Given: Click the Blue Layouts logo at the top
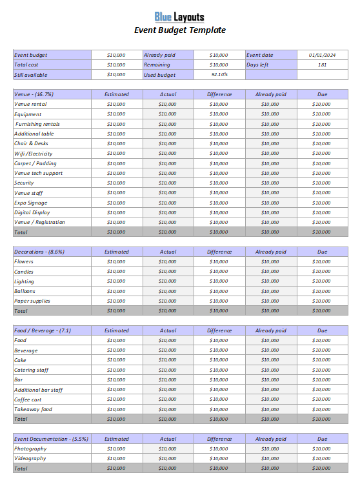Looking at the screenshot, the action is [x=180, y=17].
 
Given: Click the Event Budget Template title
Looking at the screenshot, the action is [x=180, y=30].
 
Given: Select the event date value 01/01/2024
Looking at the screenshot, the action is [x=322, y=55].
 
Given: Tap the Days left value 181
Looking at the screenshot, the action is [x=322, y=65].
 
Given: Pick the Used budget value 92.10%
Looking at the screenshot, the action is [x=219, y=74].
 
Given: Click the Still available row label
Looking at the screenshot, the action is [x=31, y=74].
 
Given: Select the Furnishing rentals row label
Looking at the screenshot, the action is [x=37, y=124].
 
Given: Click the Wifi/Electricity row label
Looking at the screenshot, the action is [x=34, y=154].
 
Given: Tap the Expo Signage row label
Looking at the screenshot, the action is [x=31, y=203].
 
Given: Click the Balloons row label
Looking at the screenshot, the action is [x=25, y=291].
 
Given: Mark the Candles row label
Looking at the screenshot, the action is [x=24, y=272].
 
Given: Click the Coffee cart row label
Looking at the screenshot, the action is [x=28, y=399].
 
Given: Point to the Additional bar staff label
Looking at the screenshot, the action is [x=39, y=390].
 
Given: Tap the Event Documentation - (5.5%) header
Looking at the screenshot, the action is [x=51, y=439].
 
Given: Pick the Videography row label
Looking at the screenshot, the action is [x=30, y=458].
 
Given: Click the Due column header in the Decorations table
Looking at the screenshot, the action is [x=322, y=252].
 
